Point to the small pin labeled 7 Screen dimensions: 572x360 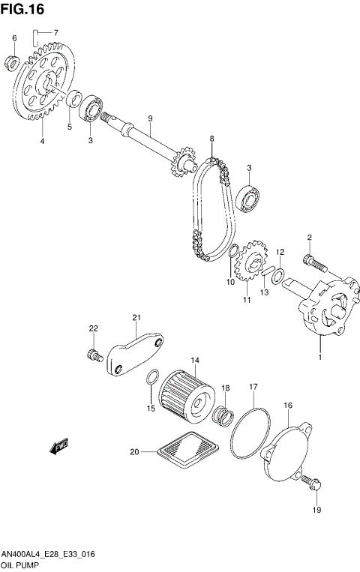click(35, 33)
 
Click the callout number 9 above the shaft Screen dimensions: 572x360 click(150, 118)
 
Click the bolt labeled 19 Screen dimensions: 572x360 click(313, 487)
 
